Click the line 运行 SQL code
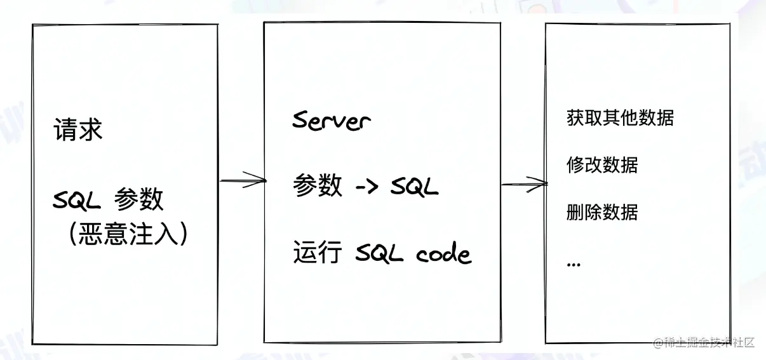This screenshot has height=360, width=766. (x=382, y=254)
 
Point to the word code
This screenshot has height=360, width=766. (x=444, y=254)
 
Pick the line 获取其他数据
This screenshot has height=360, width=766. (x=620, y=118)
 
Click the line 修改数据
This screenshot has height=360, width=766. (x=602, y=165)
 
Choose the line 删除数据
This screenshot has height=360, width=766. (x=602, y=212)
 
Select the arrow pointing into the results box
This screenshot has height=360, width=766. (x=524, y=185)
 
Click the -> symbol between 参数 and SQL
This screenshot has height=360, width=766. (x=366, y=187)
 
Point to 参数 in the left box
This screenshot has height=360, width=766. (x=139, y=200)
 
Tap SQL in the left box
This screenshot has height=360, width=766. (x=77, y=201)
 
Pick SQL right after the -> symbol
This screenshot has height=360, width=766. (x=414, y=187)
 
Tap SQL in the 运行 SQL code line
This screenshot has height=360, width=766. (x=379, y=254)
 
